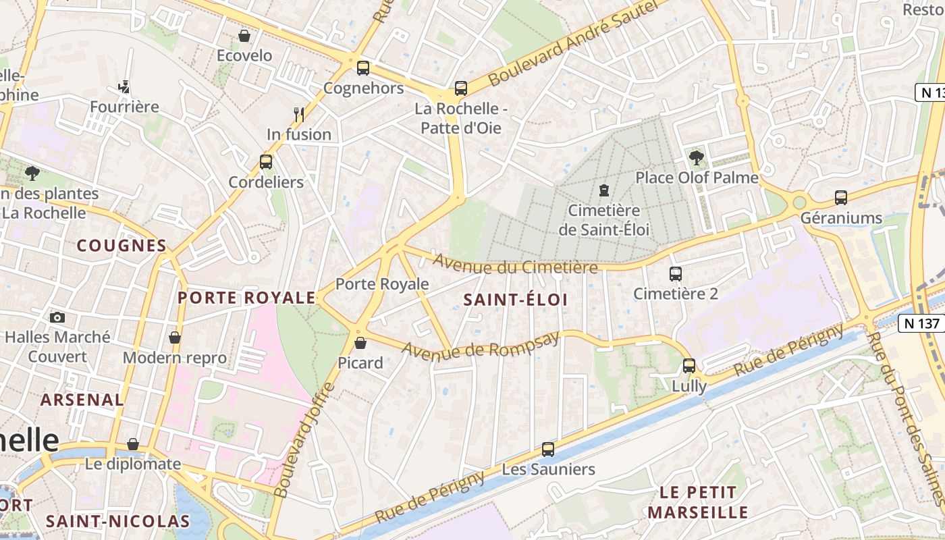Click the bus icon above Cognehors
point(363,67)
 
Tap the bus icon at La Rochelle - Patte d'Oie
point(461,88)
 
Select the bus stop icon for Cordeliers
point(266,161)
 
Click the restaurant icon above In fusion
point(299,113)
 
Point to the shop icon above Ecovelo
point(244,35)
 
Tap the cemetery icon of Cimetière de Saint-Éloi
point(604,190)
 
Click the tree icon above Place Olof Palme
point(697,157)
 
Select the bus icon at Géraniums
point(840,197)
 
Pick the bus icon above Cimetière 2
point(676,273)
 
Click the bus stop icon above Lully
point(689,365)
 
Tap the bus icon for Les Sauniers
point(548,449)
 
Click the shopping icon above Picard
point(360,343)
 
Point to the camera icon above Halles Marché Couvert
point(57,317)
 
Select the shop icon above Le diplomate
point(133,444)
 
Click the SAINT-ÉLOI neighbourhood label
point(516,300)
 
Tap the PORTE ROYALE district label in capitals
point(246,298)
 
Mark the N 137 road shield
point(921,323)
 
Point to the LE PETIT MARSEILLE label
point(698,502)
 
